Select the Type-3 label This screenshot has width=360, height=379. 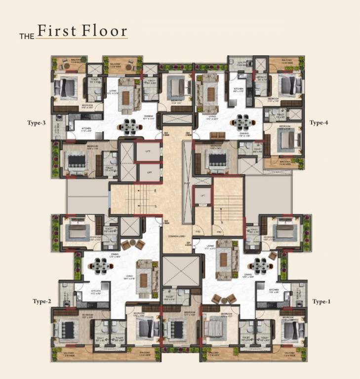[x=37, y=123]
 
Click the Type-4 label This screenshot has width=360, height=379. [x=319, y=123]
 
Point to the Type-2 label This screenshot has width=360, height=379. [x=42, y=301]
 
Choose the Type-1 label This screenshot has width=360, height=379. [x=321, y=301]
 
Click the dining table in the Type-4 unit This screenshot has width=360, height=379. [x=242, y=121]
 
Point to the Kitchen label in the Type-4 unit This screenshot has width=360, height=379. [x=239, y=89]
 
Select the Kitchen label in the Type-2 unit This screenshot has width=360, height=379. [x=96, y=292]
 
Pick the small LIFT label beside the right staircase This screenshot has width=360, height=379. [x=202, y=196]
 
